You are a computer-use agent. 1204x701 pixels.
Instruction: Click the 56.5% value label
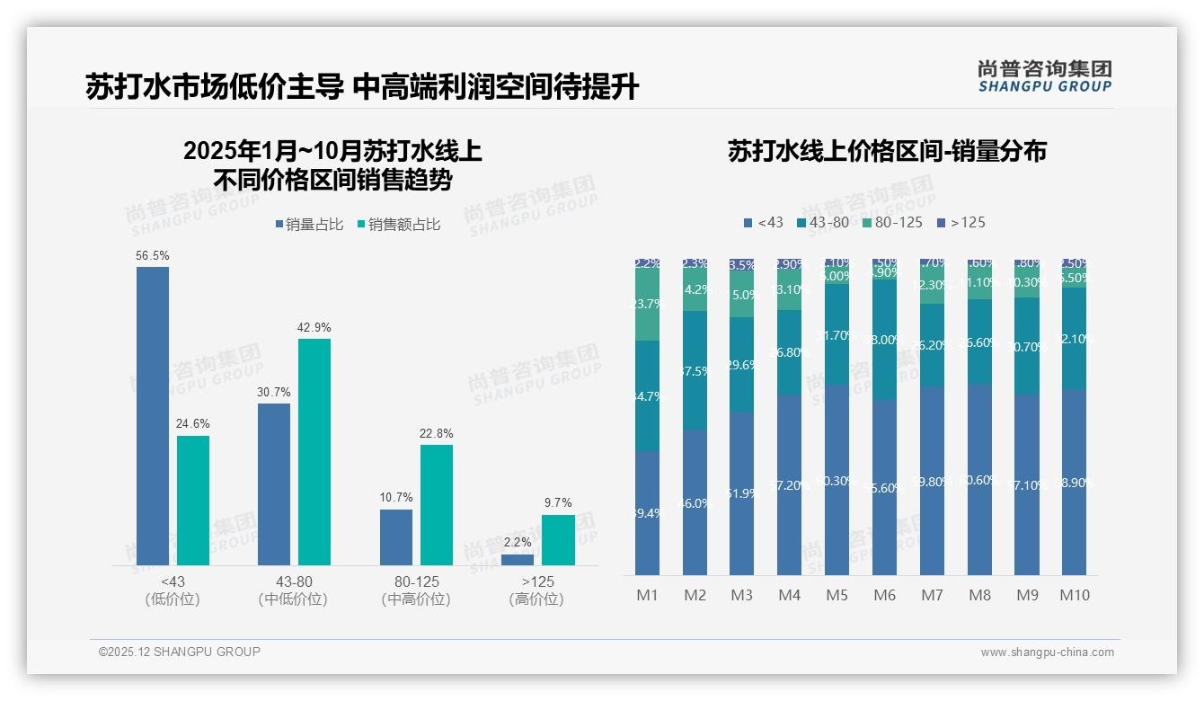tap(153, 256)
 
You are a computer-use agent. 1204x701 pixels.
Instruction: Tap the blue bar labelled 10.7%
tap(396, 537)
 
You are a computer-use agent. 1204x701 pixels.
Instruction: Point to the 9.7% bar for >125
tap(558, 539)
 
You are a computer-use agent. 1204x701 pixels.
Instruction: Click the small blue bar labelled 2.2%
tap(518, 560)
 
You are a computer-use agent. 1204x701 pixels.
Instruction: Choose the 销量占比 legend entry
tap(309, 225)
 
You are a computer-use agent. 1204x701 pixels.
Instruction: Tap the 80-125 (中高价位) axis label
tap(416, 590)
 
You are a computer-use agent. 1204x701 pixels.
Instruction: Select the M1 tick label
tap(648, 595)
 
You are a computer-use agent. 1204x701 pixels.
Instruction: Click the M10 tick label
tap(1075, 595)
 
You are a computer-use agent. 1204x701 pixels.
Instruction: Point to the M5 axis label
tap(837, 595)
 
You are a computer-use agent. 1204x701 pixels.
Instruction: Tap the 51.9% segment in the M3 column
tap(742, 492)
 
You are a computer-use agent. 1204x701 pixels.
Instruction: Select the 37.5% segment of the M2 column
tap(695, 370)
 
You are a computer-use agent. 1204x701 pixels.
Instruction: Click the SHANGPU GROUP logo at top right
tap(1044, 76)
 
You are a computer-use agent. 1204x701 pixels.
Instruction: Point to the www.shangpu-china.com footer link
tap(1047, 652)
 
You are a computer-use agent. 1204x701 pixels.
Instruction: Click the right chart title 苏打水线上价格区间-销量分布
tap(887, 152)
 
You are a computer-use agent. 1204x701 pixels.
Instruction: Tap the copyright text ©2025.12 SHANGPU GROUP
tap(180, 652)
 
